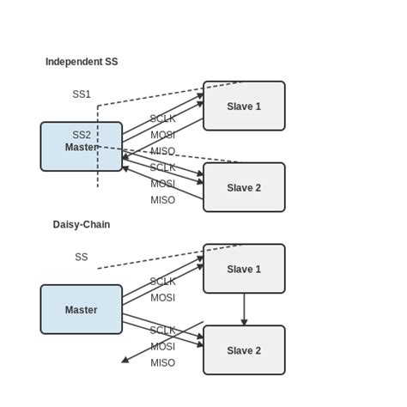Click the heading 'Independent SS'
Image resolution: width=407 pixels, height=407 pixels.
(x=82, y=62)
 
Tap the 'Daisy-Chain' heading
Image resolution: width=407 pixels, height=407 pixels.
(x=82, y=224)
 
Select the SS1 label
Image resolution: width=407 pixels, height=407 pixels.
(x=82, y=94)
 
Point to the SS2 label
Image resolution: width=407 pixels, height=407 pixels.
(x=82, y=135)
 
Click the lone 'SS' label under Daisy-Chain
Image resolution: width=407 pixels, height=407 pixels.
(x=82, y=257)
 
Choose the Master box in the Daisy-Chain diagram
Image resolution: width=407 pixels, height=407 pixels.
(x=81, y=309)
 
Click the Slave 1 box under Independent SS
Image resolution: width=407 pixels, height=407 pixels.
(x=244, y=106)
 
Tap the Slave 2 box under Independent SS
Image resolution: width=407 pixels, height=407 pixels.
(x=244, y=187)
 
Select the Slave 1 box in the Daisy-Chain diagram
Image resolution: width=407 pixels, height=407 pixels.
(x=244, y=269)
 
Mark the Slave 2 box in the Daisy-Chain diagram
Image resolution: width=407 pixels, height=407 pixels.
(x=244, y=349)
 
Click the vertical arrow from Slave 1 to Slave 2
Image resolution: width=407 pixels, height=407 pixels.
(x=244, y=309)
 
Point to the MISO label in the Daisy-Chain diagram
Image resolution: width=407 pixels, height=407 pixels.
(x=162, y=363)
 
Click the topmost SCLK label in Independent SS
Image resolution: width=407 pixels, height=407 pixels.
(x=162, y=118)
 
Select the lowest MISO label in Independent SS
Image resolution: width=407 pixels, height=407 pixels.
(x=162, y=200)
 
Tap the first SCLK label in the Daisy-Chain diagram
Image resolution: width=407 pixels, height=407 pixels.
(x=162, y=281)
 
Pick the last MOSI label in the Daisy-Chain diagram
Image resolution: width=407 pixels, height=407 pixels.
(x=162, y=347)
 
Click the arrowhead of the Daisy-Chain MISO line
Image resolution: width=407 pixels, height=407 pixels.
(x=125, y=361)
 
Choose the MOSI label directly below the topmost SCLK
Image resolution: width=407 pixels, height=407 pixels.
(x=162, y=135)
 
